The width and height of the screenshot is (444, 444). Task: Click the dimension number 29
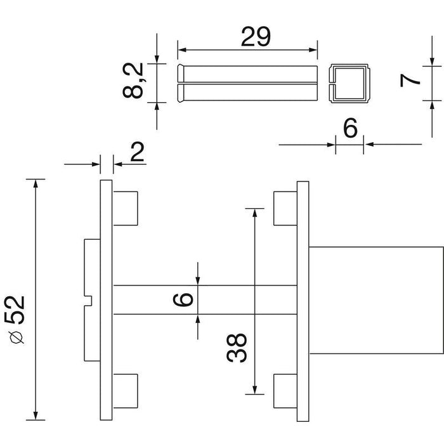pos(256,37)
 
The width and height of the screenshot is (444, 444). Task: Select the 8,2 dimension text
pos(133,81)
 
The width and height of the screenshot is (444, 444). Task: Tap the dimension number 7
pos(410,81)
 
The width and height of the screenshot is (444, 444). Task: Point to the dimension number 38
pos(237,348)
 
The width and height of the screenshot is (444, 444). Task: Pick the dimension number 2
pos(138,152)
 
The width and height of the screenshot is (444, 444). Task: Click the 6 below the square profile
pos(350,128)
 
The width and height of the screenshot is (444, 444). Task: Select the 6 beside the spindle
pos(183,299)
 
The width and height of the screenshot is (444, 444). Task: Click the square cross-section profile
pos(349,83)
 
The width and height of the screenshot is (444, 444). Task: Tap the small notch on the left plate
pos(88,301)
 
